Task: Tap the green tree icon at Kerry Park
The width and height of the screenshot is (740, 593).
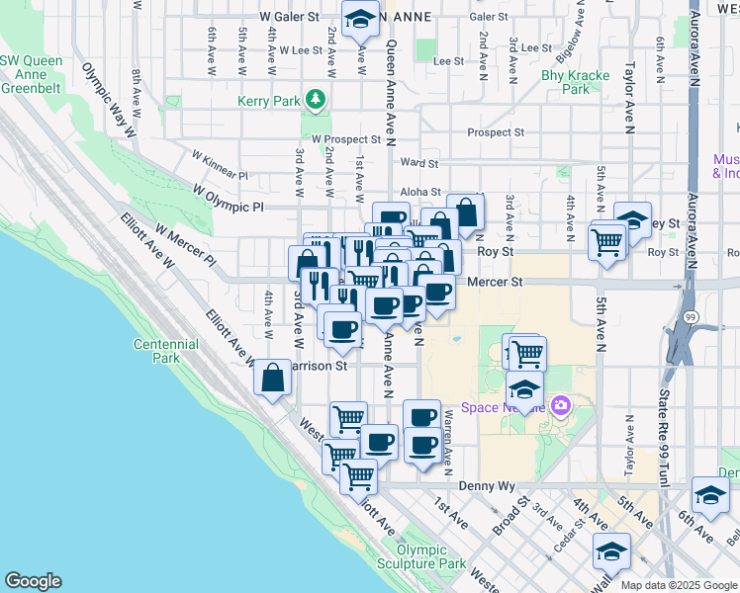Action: (315, 99)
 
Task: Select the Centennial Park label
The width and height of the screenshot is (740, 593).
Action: (166, 351)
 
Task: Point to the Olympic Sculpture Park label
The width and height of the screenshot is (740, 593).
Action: (430, 556)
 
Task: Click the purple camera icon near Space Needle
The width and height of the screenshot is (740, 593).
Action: (561, 405)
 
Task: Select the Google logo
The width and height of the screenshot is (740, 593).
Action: (33, 581)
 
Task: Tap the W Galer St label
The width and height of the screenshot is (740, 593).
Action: (289, 17)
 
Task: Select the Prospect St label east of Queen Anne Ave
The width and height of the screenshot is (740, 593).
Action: (497, 132)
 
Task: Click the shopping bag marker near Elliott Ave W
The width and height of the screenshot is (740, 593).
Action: (272, 379)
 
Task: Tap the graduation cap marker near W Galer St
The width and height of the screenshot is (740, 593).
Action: (360, 18)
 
